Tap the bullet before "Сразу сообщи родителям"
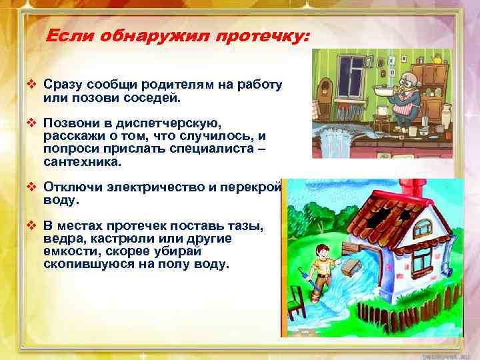pyautogui.click(x=31, y=85)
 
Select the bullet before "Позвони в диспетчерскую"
pyautogui.click(x=31, y=124)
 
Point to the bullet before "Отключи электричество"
pyautogui.click(x=31, y=189)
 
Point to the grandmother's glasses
pyautogui.click(x=399, y=77)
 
